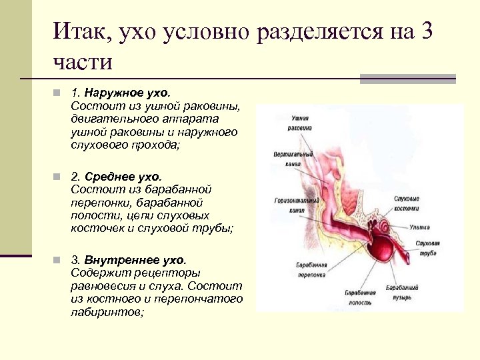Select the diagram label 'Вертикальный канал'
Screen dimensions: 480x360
pyautogui.click(x=288, y=158)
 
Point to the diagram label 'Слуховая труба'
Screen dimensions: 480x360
pyautogui.click(x=426, y=248)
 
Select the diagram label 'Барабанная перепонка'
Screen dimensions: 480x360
pyautogui.click(x=311, y=270)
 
